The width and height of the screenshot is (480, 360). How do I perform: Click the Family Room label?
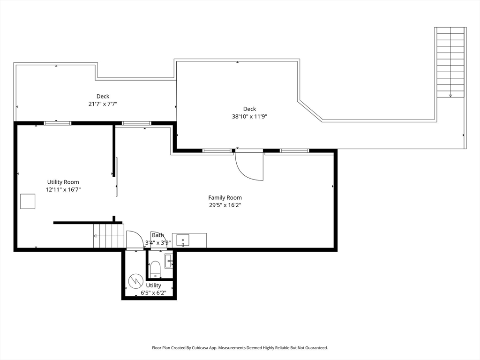225,198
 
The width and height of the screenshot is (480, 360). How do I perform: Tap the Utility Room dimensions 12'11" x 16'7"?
63,190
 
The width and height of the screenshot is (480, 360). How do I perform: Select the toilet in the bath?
155,269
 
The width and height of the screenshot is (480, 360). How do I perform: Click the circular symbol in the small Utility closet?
135,281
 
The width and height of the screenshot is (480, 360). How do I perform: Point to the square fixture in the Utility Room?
28,202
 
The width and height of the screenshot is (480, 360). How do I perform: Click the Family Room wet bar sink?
183,240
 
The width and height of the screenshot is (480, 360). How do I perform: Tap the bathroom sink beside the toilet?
169,261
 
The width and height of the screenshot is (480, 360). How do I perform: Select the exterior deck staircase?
450,62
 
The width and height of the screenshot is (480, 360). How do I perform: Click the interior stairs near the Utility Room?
109,236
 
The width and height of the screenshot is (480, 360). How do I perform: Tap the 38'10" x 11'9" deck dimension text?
250,117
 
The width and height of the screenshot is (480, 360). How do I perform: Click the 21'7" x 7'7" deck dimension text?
103,104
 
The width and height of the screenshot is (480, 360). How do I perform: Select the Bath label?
158,235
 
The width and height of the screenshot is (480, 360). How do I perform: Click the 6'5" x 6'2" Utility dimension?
153,293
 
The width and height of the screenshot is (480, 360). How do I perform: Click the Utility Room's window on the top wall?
58,123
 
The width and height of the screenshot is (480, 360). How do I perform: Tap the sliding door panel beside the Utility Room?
117,177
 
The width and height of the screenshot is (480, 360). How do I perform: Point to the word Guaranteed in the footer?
317,348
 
